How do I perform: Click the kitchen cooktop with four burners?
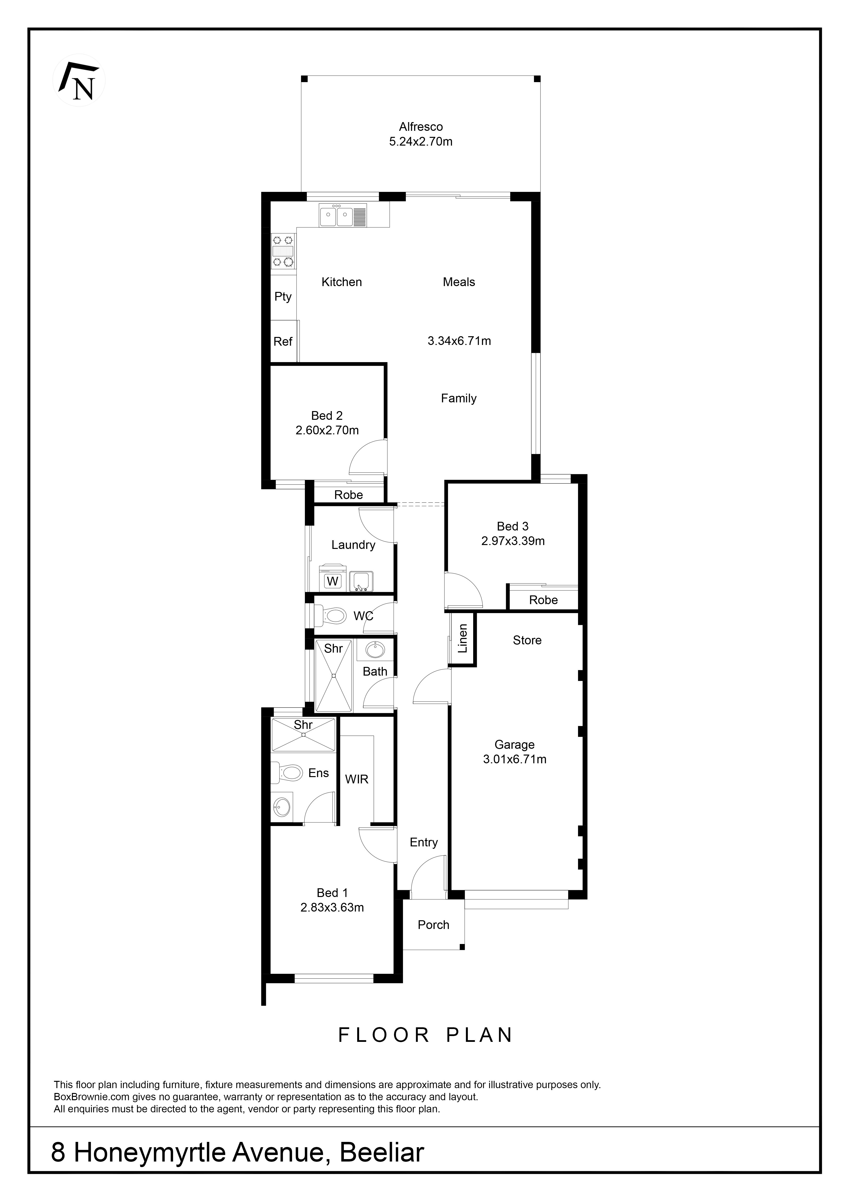(x=283, y=252)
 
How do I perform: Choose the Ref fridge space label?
(x=283, y=342)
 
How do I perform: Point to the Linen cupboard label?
(x=462, y=639)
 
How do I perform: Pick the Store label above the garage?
(x=527, y=640)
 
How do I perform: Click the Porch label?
(x=433, y=925)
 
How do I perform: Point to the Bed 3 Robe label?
(x=543, y=600)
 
